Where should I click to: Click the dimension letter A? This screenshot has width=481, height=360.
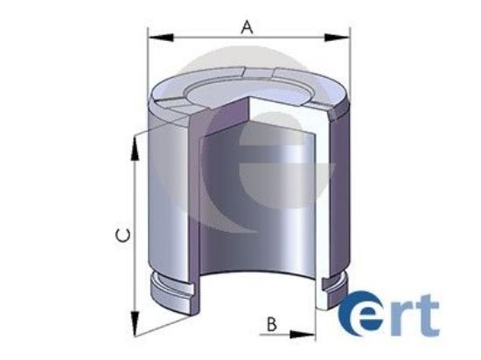(x=247, y=27)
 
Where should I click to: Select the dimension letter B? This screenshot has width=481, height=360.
(x=272, y=325)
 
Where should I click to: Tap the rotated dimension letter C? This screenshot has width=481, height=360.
(x=125, y=234)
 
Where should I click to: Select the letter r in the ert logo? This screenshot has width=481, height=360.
(x=400, y=320)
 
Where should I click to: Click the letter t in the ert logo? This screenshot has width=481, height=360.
(x=429, y=316)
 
